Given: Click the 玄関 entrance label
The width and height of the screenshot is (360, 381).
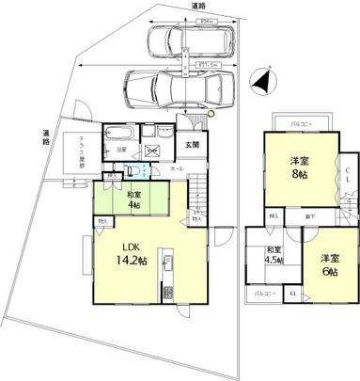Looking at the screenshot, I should click(192, 144).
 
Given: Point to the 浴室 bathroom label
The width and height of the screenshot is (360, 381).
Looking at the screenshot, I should click(121, 150).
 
